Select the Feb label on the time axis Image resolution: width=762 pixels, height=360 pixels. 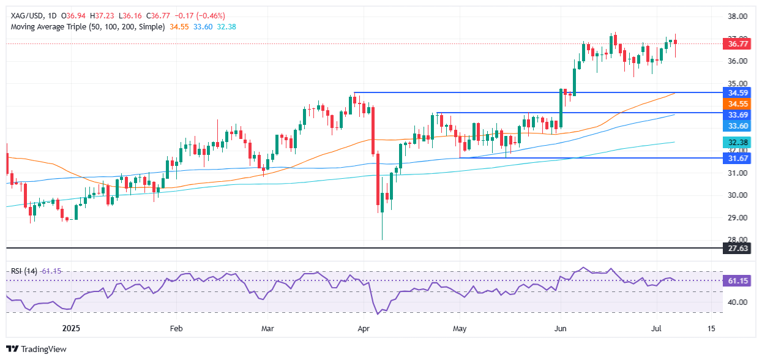pyautogui.click(x=176, y=328)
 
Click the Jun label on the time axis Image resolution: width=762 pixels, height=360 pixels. pyautogui.click(x=560, y=328)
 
